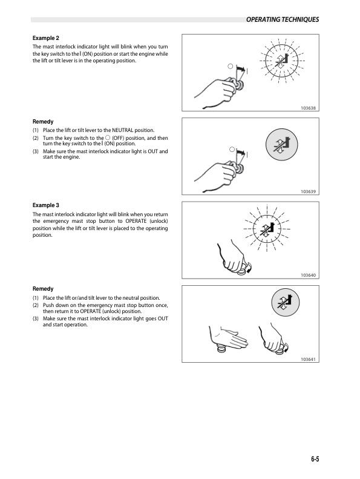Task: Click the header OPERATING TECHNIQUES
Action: [x=283, y=20]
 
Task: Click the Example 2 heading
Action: [x=47, y=38]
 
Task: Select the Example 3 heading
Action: [x=47, y=205]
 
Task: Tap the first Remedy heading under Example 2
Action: [x=43, y=122]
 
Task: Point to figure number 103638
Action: [x=309, y=108]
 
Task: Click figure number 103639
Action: [x=309, y=192]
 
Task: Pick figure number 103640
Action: [x=309, y=276]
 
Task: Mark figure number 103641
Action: [x=309, y=359]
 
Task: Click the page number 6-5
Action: [x=312, y=459]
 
